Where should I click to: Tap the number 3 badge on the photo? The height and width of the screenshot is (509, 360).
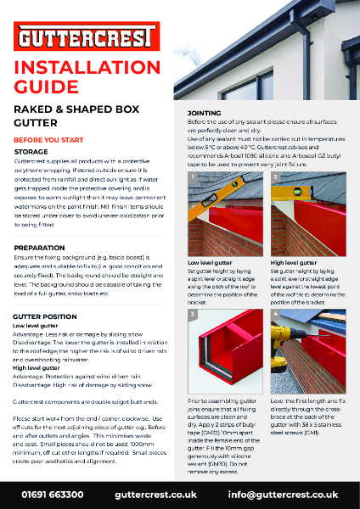pyautogui.click(x=193, y=313)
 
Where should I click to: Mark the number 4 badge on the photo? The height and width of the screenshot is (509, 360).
pyautogui.click(x=276, y=313)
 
